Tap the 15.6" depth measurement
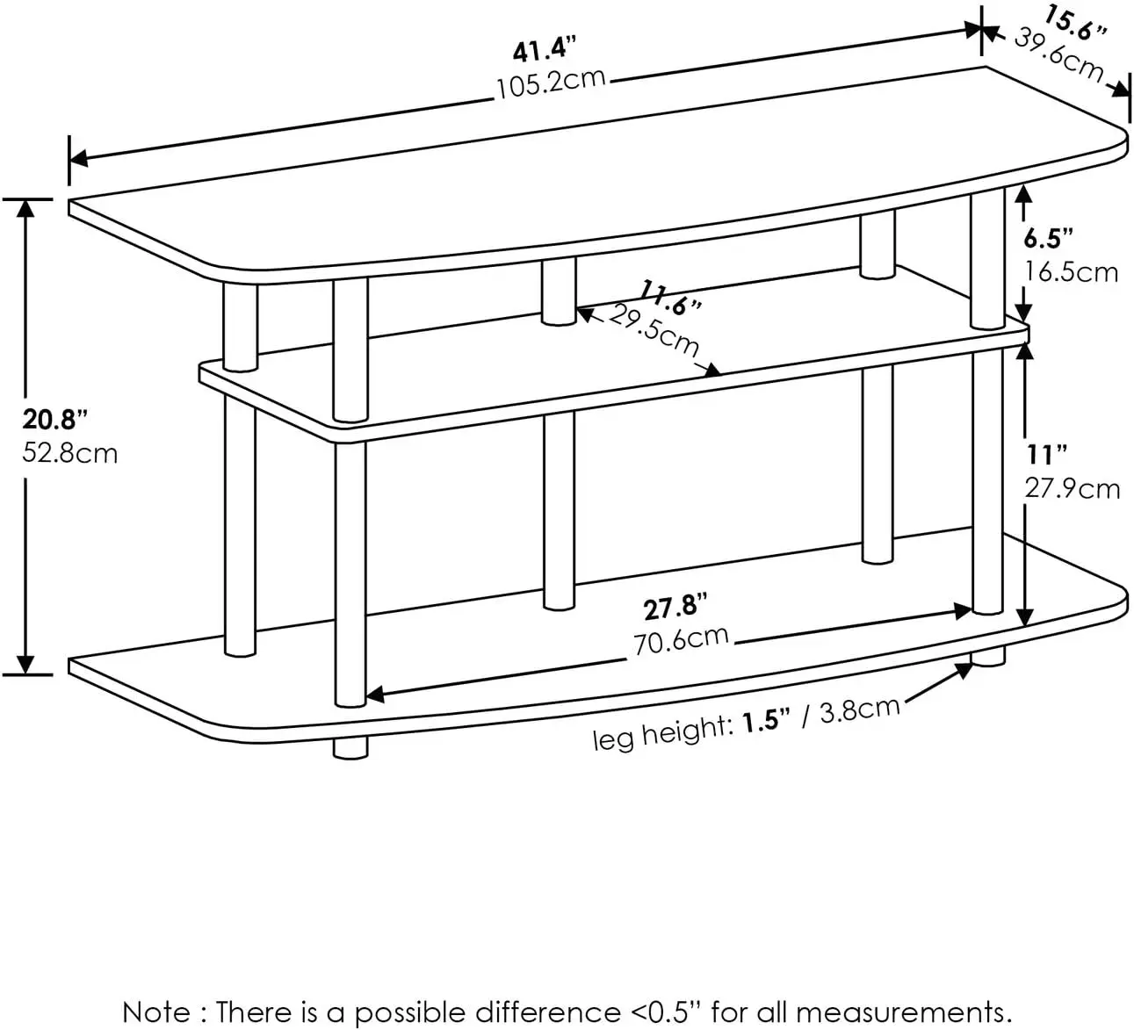[1075, 25]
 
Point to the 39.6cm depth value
[1059, 54]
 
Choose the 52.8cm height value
[70, 453]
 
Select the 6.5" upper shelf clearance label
[1049, 238]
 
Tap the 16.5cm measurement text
[1072, 271]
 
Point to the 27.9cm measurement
[1073, 488]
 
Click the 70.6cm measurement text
[682, 640]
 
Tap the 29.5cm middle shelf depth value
[654, 331]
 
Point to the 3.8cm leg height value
[859, 709]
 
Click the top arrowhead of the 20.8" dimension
[27, 207]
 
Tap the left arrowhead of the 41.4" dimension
[77, 159]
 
